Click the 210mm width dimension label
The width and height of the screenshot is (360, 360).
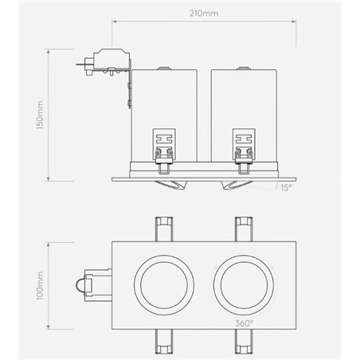point(204,14)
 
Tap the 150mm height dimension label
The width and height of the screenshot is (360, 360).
point(40,115)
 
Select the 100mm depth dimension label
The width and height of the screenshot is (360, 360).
point(40,286)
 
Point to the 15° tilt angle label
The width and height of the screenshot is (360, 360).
point(286,188)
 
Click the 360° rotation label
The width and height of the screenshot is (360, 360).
point(245,323)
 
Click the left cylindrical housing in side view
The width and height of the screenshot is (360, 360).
point(164,115)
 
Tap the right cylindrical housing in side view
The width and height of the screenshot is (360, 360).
point(244,115)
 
